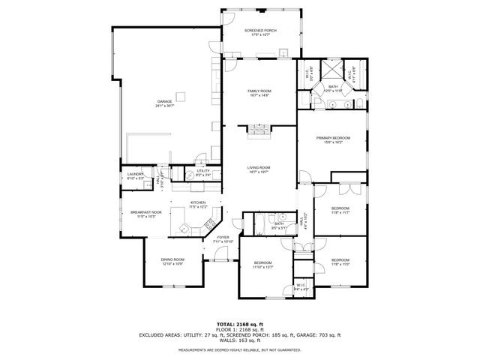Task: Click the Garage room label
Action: tap(164, 103)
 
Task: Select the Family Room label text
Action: tap(259, 93)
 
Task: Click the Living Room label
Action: tap(259, 169)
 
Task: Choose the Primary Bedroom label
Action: tap(333, 140)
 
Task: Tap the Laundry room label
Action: tap(135, 176)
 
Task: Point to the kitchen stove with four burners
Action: tap(209, 223)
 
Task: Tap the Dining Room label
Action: tap(172, 261)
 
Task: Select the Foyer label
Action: tap(223, 238)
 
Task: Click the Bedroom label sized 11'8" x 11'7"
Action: tap(340, 211)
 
